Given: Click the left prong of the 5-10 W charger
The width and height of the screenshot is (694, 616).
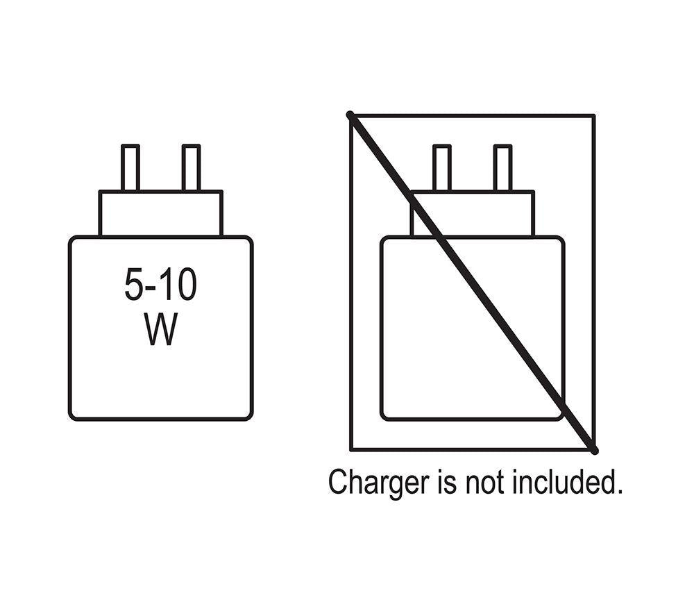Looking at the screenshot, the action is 130,168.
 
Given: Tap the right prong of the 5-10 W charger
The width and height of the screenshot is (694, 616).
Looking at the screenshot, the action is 192,168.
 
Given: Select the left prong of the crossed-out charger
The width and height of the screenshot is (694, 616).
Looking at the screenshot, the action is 442,168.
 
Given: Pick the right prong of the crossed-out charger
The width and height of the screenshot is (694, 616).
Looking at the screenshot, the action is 502,168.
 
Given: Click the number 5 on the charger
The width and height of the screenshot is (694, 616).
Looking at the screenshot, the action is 133,284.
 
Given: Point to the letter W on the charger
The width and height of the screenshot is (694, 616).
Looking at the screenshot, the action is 160,329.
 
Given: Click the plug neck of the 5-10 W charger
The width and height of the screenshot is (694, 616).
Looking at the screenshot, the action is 161,213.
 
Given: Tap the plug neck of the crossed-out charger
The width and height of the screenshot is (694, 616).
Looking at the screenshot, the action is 472,213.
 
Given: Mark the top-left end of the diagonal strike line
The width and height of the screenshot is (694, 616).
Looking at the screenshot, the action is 350,115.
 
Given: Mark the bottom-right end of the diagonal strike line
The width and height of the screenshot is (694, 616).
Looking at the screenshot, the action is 595,451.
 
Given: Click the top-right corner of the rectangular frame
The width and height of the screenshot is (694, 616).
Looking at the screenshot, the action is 595,115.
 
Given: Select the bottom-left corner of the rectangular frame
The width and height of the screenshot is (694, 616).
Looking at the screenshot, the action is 351,451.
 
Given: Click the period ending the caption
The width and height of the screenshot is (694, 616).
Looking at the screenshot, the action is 619,491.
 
